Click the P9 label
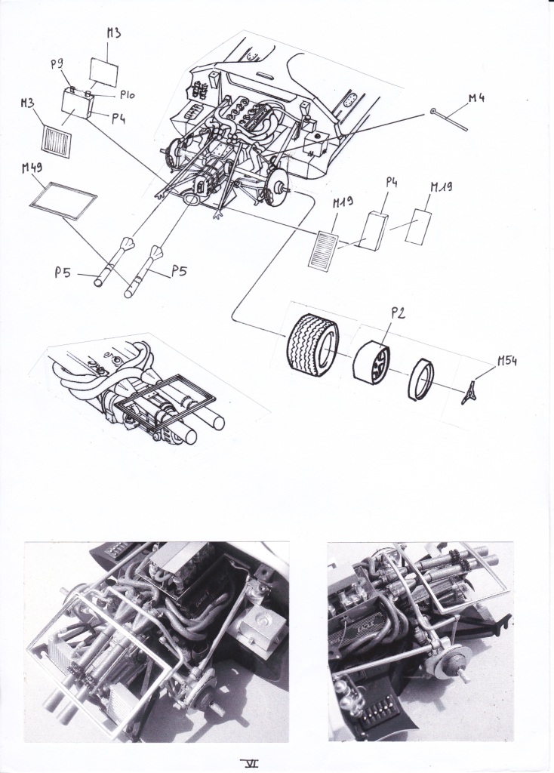pyautogui.click(x=57, y=65)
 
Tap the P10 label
pyautogui.click(x=127, y=95)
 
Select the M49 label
pyautogui.click(x=32, y=168)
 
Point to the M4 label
pyautogui.click(x=476, y=97)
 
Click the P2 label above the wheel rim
pyautogui.click(x=398, y=313)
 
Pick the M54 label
pyautogui.click(x=506, y=362)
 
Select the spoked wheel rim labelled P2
pyautogui.click(x=373, y=364)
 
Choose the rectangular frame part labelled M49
pyautogui.click(x=63, y=200)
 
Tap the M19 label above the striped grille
pyautogui.click(x=343, y=202)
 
